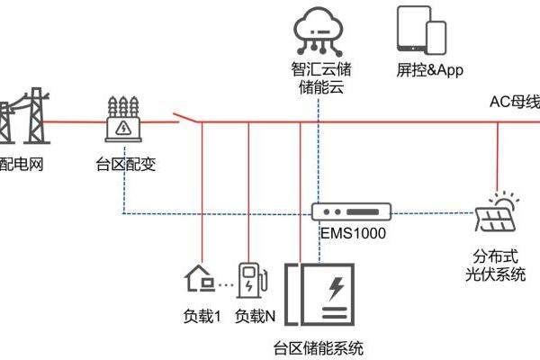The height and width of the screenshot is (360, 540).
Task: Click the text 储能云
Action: point(320,87)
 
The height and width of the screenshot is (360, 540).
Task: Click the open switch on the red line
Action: point(186,119)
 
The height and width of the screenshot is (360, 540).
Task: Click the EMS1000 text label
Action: point(353,233)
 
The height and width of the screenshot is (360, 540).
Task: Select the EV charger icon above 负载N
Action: point(252,277)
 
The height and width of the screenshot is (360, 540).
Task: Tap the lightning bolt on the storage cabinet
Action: point(334,289)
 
